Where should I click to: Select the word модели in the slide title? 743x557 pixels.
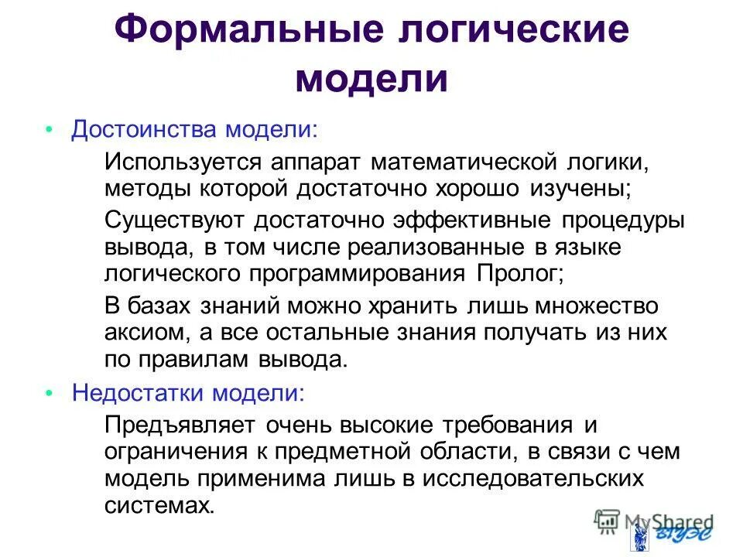372,80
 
